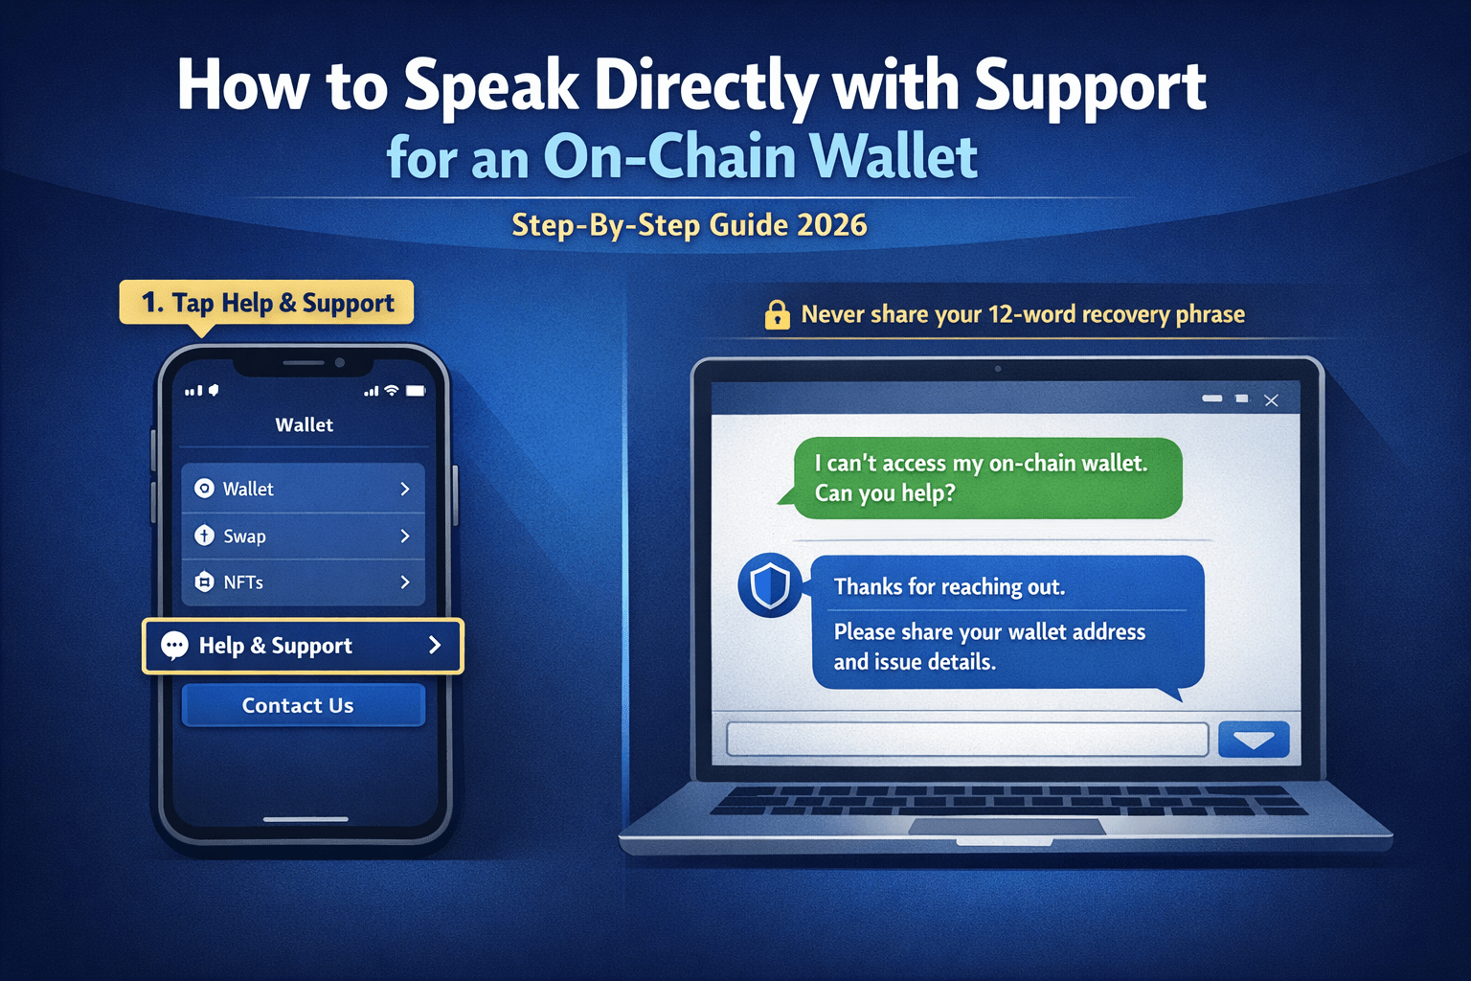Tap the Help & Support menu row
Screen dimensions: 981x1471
point(303,646)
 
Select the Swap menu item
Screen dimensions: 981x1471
point(303,536)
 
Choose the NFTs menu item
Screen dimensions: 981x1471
point(303,582)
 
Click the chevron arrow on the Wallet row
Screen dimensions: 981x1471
point(405,489)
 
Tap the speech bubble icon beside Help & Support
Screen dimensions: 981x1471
point(174,646)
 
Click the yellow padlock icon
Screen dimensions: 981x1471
point(777,314)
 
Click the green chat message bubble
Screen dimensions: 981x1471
point(986,478)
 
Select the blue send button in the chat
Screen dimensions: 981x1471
point(1254,740)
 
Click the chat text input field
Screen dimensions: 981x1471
point(967,740)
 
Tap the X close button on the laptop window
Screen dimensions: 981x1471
point(1271,400)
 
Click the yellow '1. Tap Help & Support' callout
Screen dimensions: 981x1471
point(267,303)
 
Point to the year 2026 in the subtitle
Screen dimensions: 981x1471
point(831,225)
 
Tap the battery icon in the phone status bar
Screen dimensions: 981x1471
point(416,391)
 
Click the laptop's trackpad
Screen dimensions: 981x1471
point(1006,827)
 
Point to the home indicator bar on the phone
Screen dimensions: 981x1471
point(306,819)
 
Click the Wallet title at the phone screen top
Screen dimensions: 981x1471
point(305,424)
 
